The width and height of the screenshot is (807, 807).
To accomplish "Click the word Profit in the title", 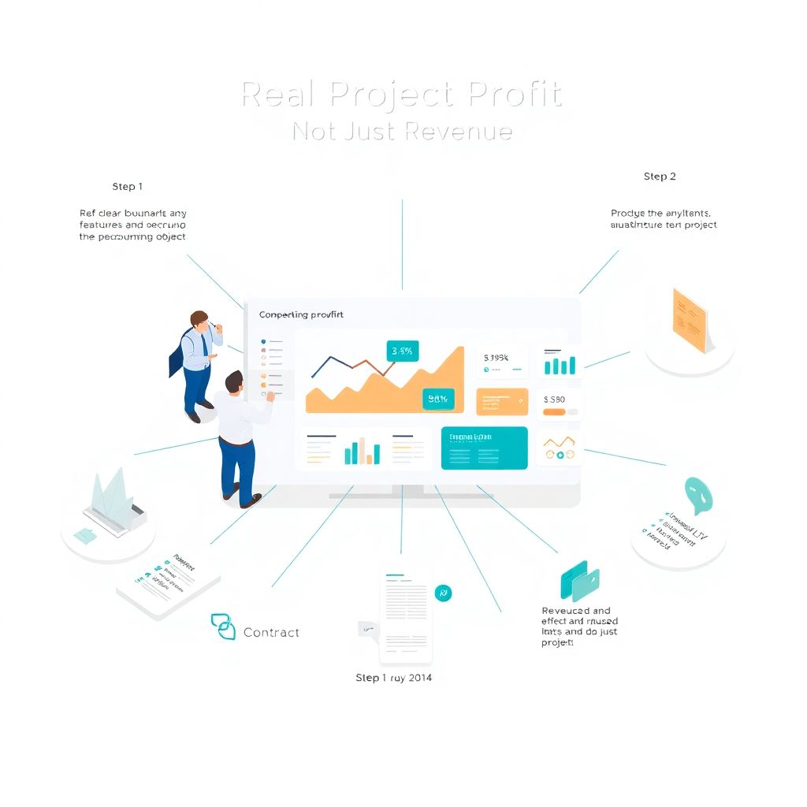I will click(515, 95).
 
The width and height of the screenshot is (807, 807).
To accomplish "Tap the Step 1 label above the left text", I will click(128, 187).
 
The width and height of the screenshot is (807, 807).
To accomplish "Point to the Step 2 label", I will click(660, 177).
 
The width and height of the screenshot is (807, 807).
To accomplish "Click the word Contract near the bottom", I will click(271, 632).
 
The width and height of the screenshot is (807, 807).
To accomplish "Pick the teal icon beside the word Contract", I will click(223, 627).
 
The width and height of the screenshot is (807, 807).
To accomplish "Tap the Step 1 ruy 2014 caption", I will click(393, 678).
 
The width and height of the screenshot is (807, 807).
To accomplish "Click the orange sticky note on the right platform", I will click(689, 320).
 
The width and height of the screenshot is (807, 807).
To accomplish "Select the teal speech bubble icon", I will click(698, 493).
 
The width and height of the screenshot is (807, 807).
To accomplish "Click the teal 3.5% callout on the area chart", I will click(402, 351).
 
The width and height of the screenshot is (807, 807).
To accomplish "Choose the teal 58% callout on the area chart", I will click(437, 399).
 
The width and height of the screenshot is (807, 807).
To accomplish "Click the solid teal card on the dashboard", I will click(484, 448).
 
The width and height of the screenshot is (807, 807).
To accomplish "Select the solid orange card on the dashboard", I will click(502, 400).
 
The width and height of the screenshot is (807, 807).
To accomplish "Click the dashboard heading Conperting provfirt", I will click(301, 314).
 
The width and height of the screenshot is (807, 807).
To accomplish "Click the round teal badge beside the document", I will click(443, 593).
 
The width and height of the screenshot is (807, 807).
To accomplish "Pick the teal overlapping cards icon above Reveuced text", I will click(580, 581).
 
